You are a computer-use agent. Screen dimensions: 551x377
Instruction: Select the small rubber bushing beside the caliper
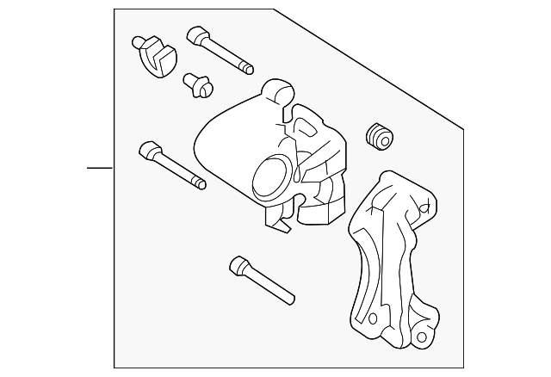379,136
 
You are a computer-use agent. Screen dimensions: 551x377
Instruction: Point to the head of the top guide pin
195,35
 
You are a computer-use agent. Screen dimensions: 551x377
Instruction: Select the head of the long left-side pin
148,151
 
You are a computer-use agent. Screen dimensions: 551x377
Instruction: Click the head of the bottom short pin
238,266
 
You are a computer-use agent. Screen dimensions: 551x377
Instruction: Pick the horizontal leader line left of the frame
100,167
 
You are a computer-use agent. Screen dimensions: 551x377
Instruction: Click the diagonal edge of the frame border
370,69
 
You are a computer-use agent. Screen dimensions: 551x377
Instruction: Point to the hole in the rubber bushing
376,132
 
